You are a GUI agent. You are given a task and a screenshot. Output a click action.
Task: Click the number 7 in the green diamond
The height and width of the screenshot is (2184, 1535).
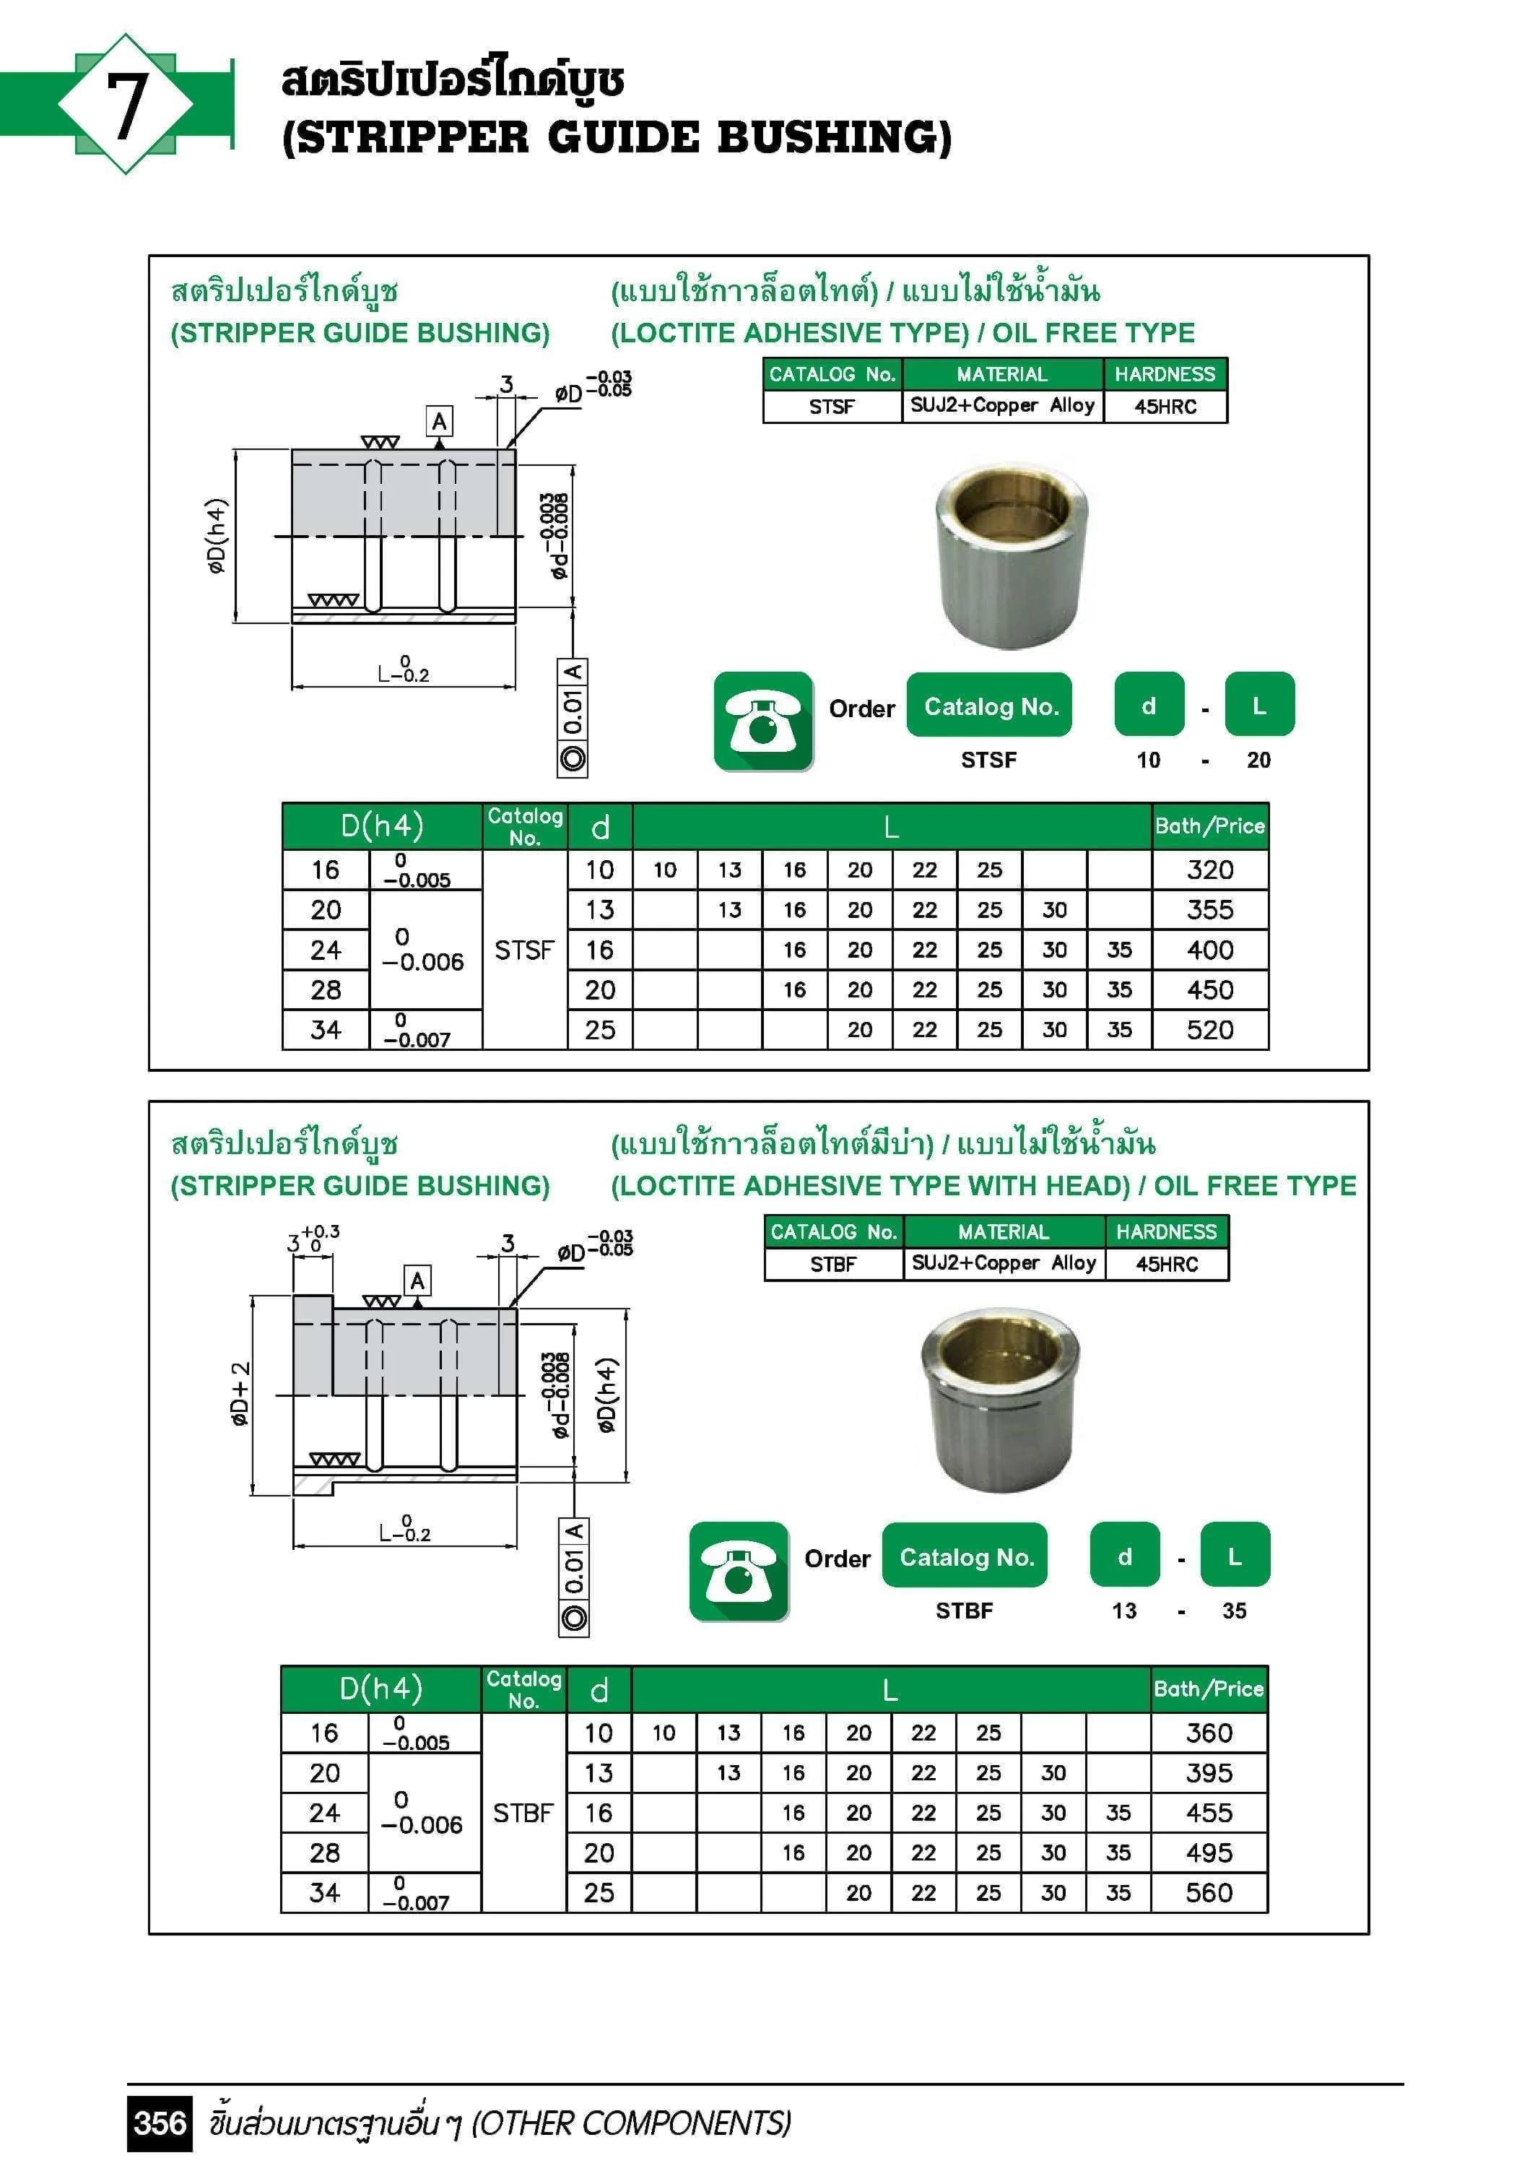tap(126, 105)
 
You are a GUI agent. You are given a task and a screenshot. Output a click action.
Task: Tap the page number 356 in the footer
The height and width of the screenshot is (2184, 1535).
tap(160, 2123)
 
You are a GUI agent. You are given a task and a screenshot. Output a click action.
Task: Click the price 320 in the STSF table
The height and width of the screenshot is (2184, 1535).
tap(1210, 870)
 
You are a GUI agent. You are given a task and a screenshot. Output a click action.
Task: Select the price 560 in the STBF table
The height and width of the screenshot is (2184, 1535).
tap(1209, 1892)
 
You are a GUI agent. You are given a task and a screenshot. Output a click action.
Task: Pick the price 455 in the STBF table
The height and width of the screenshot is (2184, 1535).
tap(1209, 1812)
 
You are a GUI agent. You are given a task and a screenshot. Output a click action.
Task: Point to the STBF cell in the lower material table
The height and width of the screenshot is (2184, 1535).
tap(833, 1264)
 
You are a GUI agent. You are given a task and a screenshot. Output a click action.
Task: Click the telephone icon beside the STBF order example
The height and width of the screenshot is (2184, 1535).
tap(739, 1572)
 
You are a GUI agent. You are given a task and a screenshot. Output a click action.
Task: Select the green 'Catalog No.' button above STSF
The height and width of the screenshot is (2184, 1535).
tap(990, 706)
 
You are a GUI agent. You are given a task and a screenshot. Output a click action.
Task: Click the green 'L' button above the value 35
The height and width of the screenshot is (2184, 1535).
tap(1235, 1556)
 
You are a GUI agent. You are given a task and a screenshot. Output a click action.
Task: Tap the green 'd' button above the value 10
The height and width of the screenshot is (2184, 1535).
tap(1149, 706)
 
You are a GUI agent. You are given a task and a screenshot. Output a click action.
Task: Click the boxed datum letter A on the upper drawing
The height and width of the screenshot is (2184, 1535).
tap(438, 421)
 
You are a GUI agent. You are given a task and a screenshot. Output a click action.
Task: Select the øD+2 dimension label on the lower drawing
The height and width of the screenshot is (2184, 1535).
tap(240, 1395)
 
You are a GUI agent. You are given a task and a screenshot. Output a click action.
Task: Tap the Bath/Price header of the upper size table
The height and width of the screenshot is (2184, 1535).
tap(1210, 825)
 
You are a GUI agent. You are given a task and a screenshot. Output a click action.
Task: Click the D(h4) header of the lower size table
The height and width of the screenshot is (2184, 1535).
tap(381, 1689)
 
